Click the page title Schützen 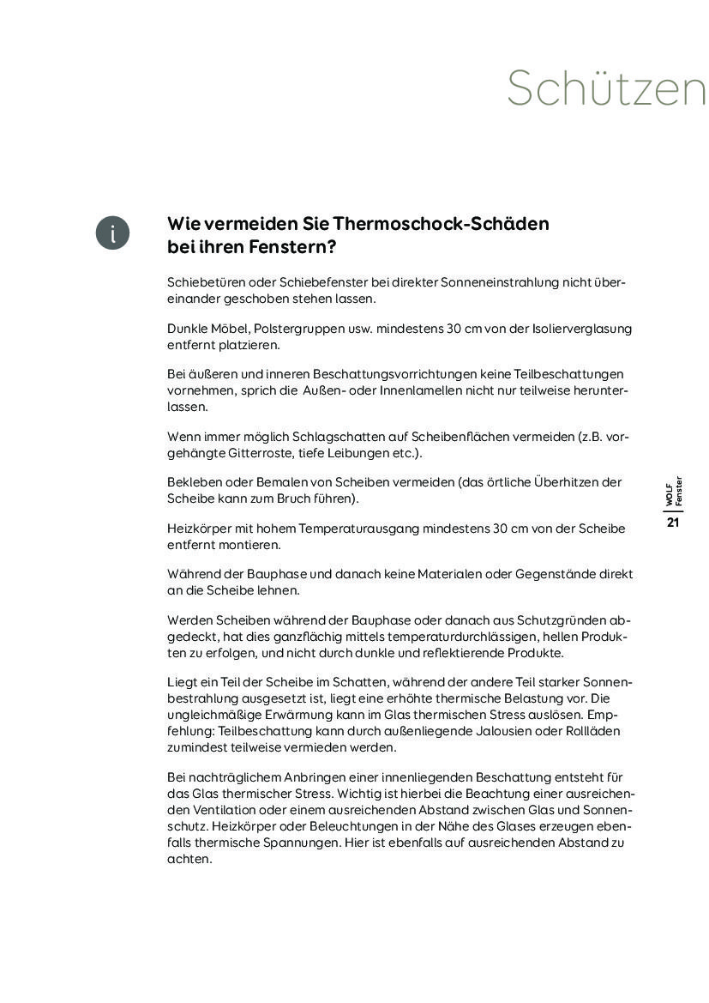click(606, 88)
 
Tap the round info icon click(112, 233)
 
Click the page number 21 click(673, 523)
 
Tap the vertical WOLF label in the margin click(670, 494)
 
